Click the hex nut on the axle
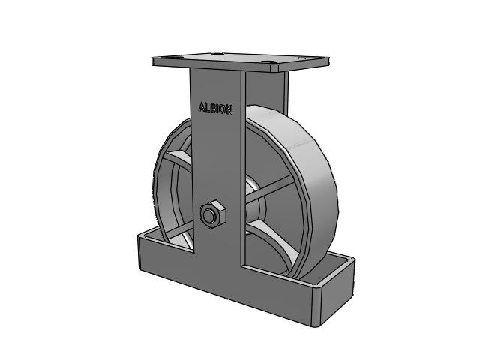coord(213,214)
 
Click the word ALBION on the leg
coord(215,108)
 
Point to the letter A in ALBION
coord(202,106)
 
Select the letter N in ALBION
coord(229,110)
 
